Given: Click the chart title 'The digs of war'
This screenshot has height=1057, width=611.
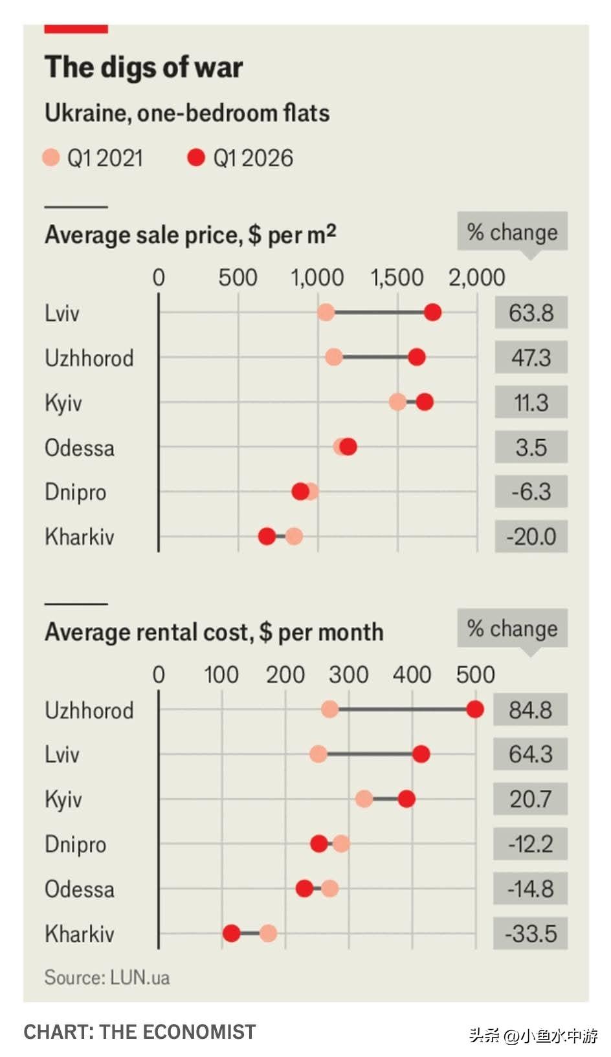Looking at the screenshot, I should click(x=144, y=67).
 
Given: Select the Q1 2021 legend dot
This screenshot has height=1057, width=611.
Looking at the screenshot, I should click(x=50, y=157).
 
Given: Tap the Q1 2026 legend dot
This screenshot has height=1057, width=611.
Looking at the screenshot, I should click(x=195, y=157).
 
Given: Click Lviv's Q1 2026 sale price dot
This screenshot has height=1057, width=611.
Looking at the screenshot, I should click(x=433, y=312).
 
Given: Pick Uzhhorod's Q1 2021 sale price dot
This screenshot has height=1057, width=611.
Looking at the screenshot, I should click(x=333, y=357).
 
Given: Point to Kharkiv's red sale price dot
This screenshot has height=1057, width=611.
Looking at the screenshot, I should click(x=267, y=536).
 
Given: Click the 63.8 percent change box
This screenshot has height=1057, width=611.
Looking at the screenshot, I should click(x=531, y=313).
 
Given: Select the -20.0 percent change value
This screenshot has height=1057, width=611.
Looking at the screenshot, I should click(x=531, y=536).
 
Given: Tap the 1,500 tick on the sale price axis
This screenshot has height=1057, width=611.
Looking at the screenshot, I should click(x=396, y=278).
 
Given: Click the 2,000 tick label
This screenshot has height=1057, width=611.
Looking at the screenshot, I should click(x=477, y=278).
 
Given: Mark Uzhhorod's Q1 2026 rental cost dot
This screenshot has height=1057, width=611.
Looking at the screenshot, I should click(x=474, y=710).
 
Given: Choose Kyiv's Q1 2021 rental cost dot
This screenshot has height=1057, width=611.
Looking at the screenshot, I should click(x=364, y=799).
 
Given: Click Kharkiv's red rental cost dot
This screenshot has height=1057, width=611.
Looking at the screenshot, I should click(x=231, y=933).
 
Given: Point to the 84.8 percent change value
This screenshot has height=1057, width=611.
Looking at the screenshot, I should click(x=530, y=710).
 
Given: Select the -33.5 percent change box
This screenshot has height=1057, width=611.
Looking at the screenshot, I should click(x=530, y=933).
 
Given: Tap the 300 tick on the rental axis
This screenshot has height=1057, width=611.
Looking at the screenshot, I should click(x=348, y=675).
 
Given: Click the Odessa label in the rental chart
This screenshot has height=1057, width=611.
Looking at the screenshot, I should click(x=80, y=889).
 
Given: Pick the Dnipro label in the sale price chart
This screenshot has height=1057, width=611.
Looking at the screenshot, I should click(x=75, y=492).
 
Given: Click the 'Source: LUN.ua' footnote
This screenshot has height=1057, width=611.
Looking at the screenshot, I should click(x=107, y=977).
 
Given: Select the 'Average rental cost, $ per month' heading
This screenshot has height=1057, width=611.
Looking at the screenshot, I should click(x=214, y=632).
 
